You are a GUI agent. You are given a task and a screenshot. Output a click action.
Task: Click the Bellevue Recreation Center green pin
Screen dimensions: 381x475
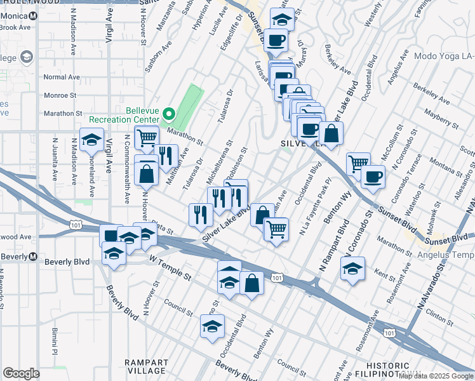[x=169, y=115]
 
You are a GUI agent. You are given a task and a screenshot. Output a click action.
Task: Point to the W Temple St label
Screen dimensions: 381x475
[x=170, y=267]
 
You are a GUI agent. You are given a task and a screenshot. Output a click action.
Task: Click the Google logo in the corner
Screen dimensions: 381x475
[x=21, y=373]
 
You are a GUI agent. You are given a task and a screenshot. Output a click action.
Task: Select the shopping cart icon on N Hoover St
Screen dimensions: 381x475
[x=147, y=137]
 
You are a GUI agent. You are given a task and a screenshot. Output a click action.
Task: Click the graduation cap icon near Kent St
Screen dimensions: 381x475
[x=352, y=269]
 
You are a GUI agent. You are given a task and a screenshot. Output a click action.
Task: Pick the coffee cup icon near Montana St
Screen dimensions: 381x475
[x=373, y=177]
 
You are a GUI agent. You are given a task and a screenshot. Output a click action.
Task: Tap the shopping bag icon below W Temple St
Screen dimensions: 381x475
[x=252, y=284]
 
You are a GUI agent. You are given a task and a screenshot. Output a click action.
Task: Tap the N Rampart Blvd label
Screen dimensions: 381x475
[x=335, y=246]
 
